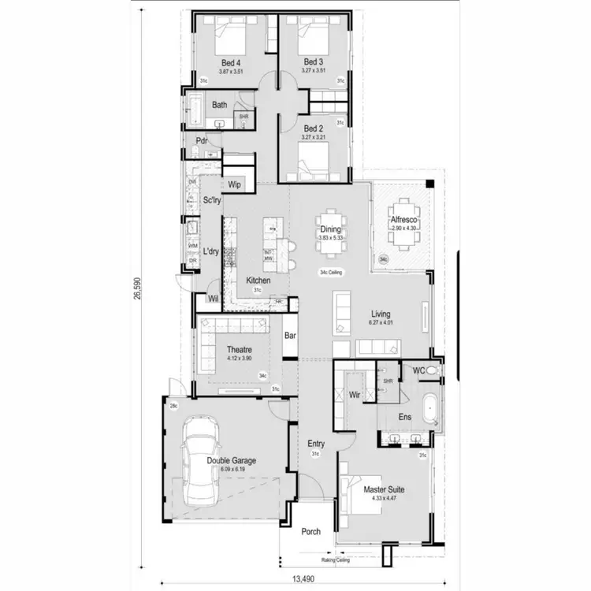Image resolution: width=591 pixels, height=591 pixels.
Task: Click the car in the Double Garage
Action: (195, 466)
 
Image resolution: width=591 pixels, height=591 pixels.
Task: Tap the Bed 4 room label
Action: (230, 62)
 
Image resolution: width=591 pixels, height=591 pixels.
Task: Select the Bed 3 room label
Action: (313, 62)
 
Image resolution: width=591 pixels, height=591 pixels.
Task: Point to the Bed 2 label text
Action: (313, 128)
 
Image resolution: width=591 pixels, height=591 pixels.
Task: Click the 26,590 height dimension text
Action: (138, 287)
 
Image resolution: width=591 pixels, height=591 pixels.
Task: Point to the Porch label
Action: (311, 531)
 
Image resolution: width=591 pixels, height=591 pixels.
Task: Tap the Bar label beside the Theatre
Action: (290, 336)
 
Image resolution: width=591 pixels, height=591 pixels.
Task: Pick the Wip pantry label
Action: (234, 185)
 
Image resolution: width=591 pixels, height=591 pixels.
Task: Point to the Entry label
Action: (316, 444)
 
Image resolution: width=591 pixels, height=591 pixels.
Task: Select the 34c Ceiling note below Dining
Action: (334, 273)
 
